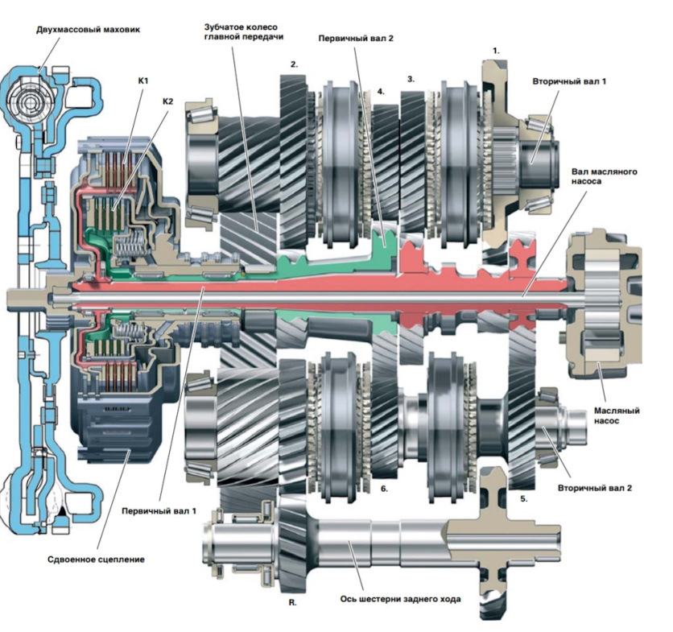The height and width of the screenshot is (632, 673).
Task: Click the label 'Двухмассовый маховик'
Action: click(88, 30)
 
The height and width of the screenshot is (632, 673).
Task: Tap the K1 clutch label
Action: click(143, 81)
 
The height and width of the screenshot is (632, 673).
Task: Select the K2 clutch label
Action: click(167, 101)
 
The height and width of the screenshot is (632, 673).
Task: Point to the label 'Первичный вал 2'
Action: click(356, 38)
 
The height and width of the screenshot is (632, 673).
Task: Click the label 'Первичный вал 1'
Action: click(159, 511)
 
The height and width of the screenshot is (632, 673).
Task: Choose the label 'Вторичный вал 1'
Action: click(569, 81)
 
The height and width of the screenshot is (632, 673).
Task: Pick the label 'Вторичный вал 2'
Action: click(595, 488)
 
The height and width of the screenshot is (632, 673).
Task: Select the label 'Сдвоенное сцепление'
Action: click(96, 560)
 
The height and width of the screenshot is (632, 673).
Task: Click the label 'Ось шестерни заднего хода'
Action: click(400, 598)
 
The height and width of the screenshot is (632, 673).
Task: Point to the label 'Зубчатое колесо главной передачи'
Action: click(244, 31)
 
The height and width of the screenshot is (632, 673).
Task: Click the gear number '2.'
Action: click(294, 65)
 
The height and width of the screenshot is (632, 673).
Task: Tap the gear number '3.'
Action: click(411, 80)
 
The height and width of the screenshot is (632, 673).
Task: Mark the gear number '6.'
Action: click(384, 489)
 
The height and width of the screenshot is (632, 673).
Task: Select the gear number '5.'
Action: click(523, 499)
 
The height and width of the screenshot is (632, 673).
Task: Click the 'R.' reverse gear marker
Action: click(292, 603)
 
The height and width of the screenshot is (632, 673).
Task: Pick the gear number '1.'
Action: click(496, 51)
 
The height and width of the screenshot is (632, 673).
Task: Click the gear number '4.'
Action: click(381, 92)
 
